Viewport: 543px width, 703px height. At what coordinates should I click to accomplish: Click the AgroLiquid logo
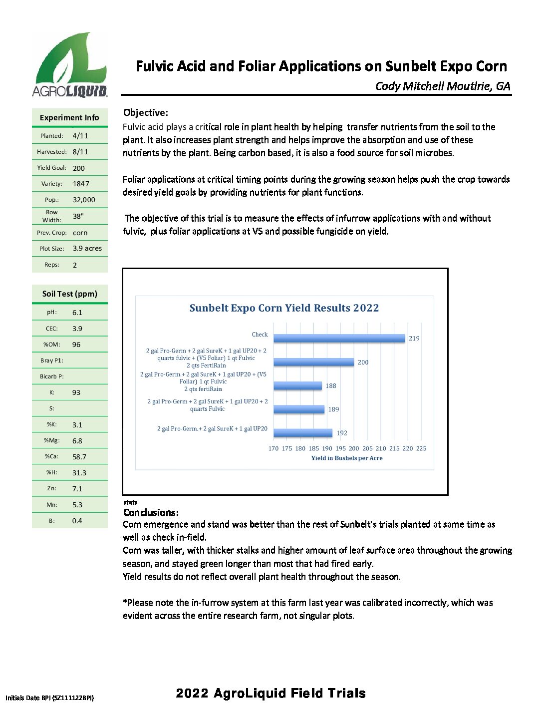[70, 65]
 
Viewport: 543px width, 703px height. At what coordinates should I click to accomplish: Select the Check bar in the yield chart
[339, 338]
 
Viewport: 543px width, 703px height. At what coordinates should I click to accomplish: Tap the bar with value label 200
[313, 362]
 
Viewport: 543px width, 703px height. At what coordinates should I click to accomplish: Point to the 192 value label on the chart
[342, 433]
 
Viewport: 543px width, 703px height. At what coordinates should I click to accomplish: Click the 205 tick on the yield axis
[367, 448]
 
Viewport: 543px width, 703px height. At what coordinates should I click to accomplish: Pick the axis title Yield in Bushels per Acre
[347, 458]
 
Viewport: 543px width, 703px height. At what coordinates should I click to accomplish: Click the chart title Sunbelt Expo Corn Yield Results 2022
[284, 308]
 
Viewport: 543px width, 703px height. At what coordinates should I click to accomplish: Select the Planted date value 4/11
[80, 136]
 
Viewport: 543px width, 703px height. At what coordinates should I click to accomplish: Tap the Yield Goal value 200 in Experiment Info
[79, 168]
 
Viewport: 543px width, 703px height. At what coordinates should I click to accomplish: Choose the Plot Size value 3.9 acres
[87, 248]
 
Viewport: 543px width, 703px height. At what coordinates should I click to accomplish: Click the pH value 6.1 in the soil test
[77, 313]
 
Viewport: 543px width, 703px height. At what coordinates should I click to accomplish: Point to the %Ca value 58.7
[79, 457]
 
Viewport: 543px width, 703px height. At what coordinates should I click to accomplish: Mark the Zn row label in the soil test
[52, 488]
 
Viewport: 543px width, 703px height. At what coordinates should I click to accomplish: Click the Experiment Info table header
[69, 118]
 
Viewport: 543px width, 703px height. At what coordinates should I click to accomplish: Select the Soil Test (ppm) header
[70, 294]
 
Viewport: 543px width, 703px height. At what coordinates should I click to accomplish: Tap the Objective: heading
[146, 113]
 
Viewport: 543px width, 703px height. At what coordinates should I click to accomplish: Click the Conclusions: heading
[151, 513]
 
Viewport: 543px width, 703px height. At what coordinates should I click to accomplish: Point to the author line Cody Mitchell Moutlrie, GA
[443, 86]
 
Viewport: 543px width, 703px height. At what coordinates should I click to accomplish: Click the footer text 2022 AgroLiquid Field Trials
[271, 693]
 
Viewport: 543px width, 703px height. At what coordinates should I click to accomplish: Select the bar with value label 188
[298, 385]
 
